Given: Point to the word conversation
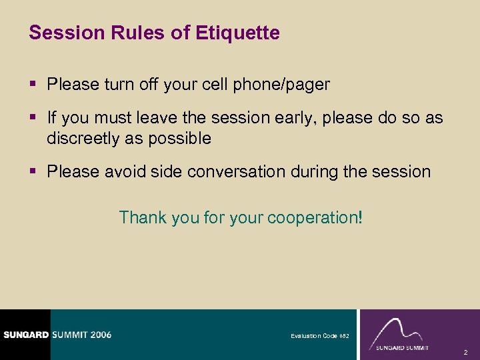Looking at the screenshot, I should [x=237, y=171].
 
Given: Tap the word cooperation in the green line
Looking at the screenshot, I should [x=311, y=217].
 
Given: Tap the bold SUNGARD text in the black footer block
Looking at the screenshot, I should [x=25, y=335].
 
